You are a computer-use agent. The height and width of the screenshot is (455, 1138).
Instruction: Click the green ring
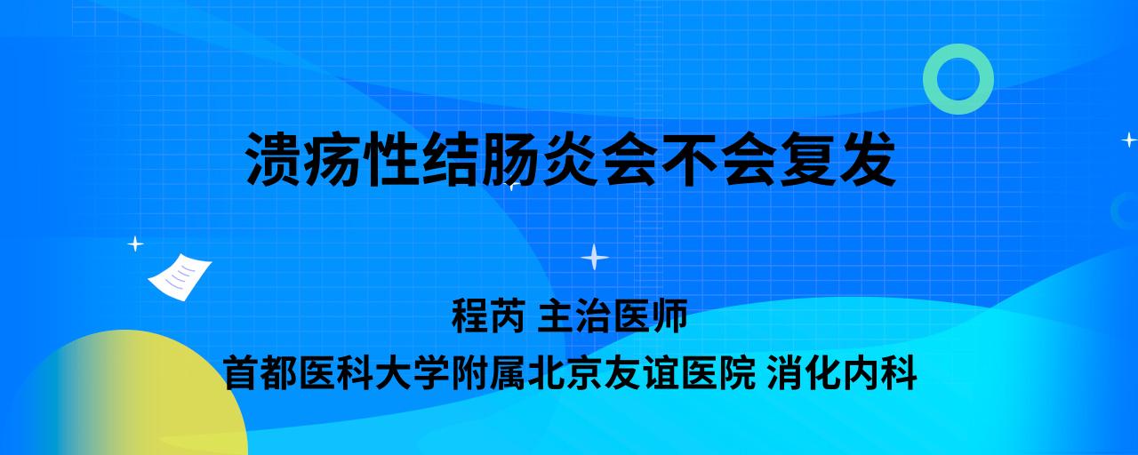point(931,79)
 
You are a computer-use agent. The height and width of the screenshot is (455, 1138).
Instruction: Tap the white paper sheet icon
point(180,277)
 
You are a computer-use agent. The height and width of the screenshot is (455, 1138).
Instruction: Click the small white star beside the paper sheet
point(135,244)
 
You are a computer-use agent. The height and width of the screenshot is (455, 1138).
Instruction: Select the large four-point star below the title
point(595,257)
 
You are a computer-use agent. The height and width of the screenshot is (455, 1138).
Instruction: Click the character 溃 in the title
point(274,159)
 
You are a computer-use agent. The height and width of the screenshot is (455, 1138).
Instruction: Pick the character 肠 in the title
point(510,159)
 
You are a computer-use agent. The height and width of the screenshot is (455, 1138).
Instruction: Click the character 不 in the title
point(688,159)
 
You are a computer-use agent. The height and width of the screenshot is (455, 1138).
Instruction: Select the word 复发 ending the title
point(837,159)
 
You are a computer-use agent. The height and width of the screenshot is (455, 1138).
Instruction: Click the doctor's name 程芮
point(488,315)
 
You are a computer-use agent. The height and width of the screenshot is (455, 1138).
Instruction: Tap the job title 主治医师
point(613,315)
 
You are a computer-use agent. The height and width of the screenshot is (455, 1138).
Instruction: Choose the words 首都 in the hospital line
point(260,372)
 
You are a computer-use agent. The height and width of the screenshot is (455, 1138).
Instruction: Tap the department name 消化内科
point(842,372)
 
